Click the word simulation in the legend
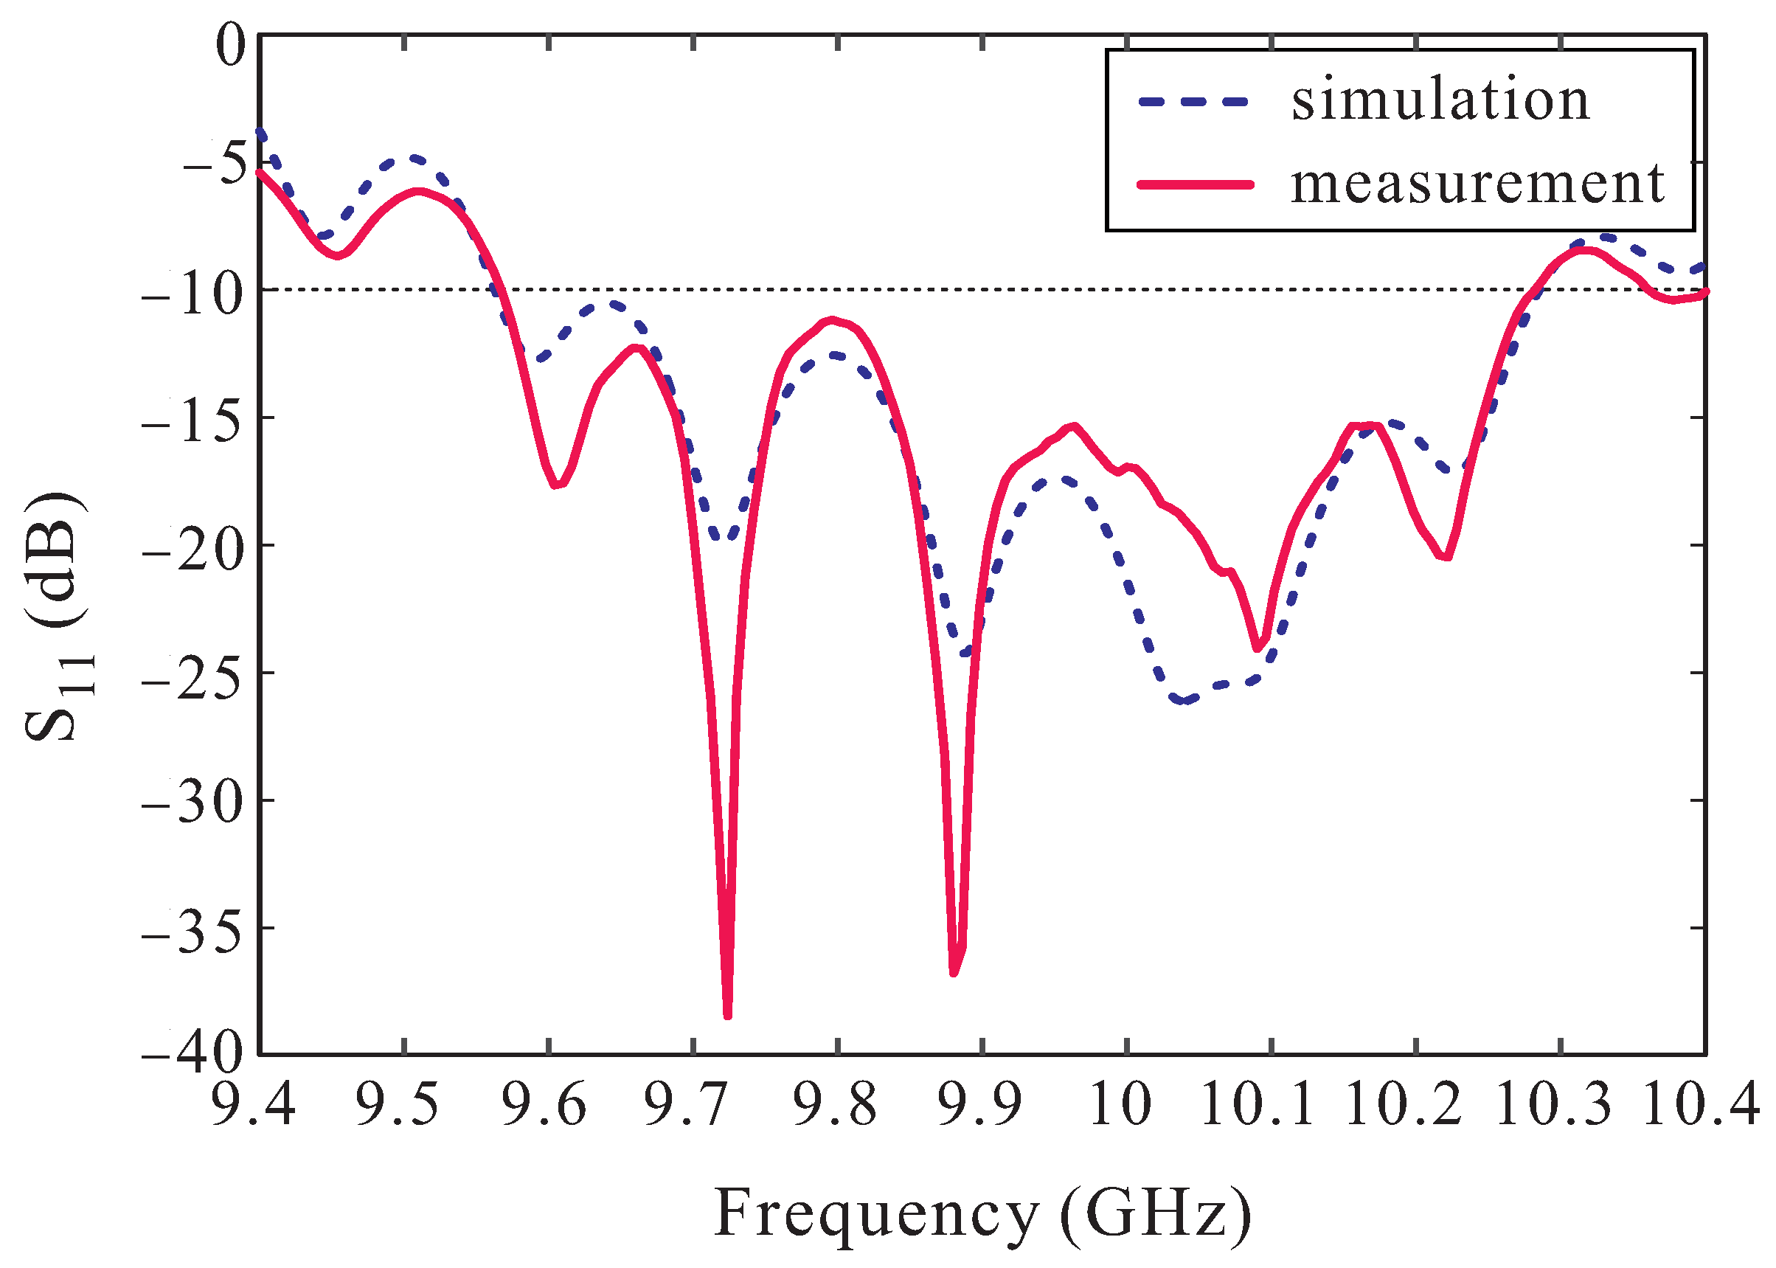pyautogui.click(x=1440, y=101)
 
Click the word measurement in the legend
pyautogui.click(x=1477, y=184)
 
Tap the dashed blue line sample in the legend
pyautogui.click(x=1194, y=102)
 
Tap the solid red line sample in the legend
pyautogui.click(x=1194, y=185)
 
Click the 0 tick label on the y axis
pyautogui.click(x=230, y=45)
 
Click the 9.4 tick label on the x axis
pyautogui.click(x=254, y=1106)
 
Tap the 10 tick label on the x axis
pyautogui.click(x=1120, y=1106)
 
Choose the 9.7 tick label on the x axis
pyautogui.click(x=687, y=1106)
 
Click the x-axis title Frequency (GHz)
pyautogui.click(x=982, y=1214)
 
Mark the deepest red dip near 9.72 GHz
pyautogui.click(x=727, y=1015)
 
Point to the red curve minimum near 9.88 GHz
pyautogui.click(x=954, y=972)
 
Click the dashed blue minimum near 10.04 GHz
pyautogui.click(x=1184, y=700)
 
